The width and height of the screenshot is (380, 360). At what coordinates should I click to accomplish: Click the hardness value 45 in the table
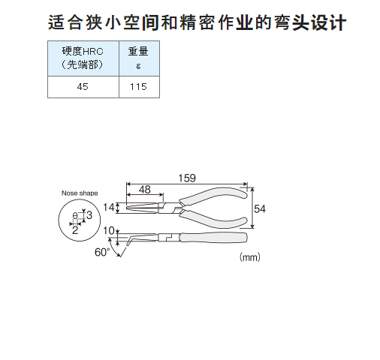[x=83, y=87]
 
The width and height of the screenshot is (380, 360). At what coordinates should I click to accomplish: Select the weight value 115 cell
[x=139, y=87]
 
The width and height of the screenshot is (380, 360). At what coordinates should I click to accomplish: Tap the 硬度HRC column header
[x=83, y=58]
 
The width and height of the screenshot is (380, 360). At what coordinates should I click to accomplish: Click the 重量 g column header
[x=139, y=58]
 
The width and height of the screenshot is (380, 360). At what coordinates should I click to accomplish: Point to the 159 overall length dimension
[x=187, y=178]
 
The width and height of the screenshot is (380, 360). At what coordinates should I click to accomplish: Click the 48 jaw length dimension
[x=145, y=190]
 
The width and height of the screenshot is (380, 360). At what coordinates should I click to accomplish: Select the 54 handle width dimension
[x=260, y=208]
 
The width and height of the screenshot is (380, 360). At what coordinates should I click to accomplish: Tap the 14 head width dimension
[x=109, y=207]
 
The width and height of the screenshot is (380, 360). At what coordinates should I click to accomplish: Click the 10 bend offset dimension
[x=109, y=230]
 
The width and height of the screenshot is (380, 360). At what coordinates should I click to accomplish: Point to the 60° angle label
[x=102, y=252]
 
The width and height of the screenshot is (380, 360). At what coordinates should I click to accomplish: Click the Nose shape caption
[x=80, y=193]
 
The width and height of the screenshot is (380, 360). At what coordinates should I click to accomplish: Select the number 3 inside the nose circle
[x=89, y=215]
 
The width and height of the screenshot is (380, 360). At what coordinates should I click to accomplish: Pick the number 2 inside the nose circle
[x=75, y=230]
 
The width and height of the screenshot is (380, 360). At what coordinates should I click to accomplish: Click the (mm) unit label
[x=250, y=257]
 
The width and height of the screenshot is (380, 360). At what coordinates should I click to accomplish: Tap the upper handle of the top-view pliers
[x=213, y=194]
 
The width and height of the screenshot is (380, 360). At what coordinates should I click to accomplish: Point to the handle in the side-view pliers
[x=213, y=238]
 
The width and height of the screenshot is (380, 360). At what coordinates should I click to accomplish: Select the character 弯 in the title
[x=282, y=22]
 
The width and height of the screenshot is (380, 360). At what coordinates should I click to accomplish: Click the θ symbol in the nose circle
[x=75, y=215]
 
